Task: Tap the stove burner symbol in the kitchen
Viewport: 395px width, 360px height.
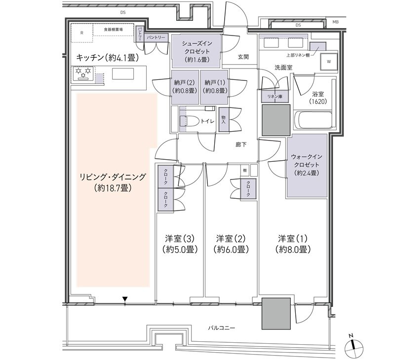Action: pyautogui.click(x=82, y=74)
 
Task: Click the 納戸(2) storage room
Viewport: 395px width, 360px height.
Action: pyautogui.click(x=183, y=87)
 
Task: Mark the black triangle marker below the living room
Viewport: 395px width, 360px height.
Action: pyautogui.click(x=125, y=299)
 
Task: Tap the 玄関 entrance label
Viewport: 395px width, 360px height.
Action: pyautogui.click(x=243, y=57)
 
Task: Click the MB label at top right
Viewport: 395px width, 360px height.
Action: pyautogui.click(x=335, y=22)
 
